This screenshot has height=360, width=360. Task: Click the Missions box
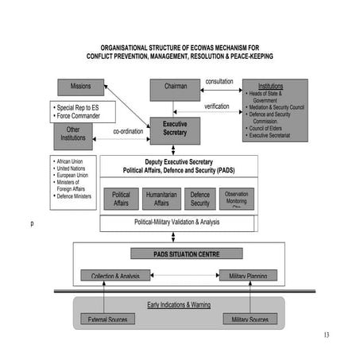[x=81, y=87]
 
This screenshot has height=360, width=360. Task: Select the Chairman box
[x=176, y=87]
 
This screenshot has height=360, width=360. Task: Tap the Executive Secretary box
[x=175, y=130]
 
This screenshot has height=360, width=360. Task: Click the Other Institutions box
[x=73, y=135]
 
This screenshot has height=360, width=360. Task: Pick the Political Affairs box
[x=121, y=199]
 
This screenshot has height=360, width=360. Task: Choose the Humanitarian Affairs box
[x=161, y=199]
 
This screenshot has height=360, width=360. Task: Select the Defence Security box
[x=199, y=199]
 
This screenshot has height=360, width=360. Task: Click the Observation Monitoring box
[x=236, y=199]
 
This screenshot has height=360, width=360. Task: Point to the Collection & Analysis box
[x=115, y=276]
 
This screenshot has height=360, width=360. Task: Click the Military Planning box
[x=248, y=276]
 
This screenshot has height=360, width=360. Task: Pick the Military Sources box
[x=250, y=319]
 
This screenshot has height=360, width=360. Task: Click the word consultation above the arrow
[x=219, y=82]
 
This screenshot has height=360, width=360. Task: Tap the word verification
[x=216, y=106]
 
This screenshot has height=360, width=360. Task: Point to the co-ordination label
[x=127, y=131]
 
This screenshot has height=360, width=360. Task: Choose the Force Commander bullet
[x=81, y=115]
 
